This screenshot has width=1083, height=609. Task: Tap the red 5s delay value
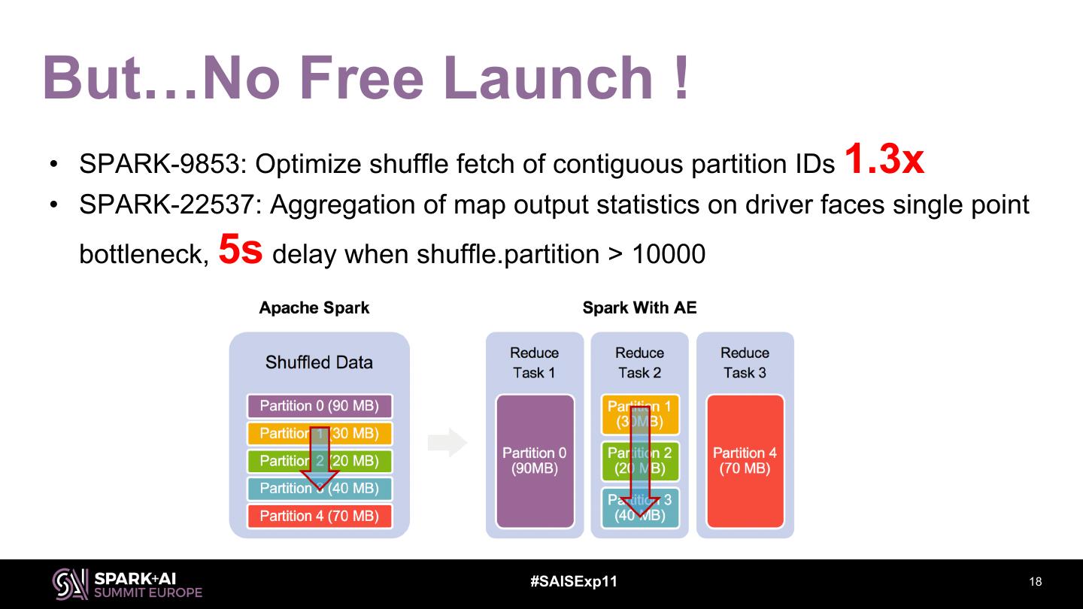[240, 250]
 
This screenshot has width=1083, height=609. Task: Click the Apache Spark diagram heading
[314, 308]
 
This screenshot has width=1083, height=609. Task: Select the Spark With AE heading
[639, 308]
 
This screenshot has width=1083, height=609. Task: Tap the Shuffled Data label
[319, 362]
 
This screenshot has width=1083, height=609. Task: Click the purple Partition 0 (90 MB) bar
[319, 406]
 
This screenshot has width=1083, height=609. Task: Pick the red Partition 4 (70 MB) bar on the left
[319, 516]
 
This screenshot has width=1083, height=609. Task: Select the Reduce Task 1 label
[534, 362]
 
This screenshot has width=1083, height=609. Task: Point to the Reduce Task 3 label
[745, 362]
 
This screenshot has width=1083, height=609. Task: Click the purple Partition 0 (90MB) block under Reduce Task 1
[535, 461]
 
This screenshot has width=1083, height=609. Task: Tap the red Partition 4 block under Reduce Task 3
[745, 461]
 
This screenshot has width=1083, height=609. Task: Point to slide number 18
[1035, 582]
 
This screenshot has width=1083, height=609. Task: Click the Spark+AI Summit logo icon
[70, 583]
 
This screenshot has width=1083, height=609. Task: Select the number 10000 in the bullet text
[668, 255]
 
